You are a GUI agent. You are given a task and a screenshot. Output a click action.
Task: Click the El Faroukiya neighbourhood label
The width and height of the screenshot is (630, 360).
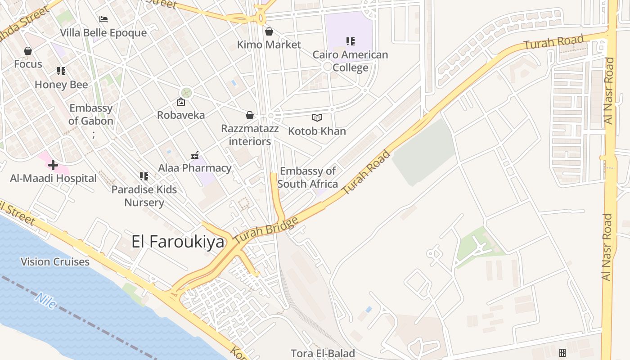[178, 242]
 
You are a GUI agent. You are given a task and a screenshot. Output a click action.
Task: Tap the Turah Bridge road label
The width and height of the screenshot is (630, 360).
[266, 231]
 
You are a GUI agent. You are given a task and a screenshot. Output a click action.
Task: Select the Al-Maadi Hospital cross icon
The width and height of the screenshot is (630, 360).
[53, 165]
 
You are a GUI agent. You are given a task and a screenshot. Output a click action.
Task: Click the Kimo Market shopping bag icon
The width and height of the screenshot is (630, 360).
[269, 31]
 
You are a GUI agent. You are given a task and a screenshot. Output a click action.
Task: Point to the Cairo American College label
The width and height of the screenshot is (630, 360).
[350, 61]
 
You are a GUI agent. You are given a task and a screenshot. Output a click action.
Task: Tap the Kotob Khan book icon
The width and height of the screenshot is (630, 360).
[317, 117]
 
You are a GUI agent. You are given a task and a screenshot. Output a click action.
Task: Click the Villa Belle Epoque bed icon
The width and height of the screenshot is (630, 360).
[103, 19]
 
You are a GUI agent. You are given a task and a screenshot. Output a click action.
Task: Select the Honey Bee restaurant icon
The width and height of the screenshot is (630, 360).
[61, 71]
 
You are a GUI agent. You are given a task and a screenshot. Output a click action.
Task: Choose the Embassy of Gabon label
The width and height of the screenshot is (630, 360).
[91, 114]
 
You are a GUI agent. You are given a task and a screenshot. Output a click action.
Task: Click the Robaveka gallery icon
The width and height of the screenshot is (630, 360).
[181, 102]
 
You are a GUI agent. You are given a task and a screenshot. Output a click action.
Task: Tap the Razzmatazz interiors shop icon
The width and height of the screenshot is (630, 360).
[250, 115]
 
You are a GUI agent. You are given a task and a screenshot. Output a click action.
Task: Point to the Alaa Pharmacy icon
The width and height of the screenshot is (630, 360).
[195, 155]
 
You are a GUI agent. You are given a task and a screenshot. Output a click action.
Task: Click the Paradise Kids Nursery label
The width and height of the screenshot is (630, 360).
[144, 196]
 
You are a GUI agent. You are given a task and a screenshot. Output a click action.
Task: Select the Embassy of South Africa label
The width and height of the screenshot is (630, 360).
[308, 177]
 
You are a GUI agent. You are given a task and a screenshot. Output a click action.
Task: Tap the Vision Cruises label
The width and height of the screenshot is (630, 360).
[55, 261]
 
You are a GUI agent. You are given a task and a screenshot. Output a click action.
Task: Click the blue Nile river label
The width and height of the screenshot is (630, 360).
[45, 301]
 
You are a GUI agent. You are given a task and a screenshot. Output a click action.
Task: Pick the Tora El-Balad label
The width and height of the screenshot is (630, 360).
[323, 353]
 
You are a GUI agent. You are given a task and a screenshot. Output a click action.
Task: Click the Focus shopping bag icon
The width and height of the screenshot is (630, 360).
[28, 51]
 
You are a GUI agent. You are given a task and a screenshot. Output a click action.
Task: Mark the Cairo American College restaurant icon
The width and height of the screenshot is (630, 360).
[351, 41]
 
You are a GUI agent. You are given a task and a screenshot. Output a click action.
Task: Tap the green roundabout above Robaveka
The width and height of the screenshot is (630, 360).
[186, 93]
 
